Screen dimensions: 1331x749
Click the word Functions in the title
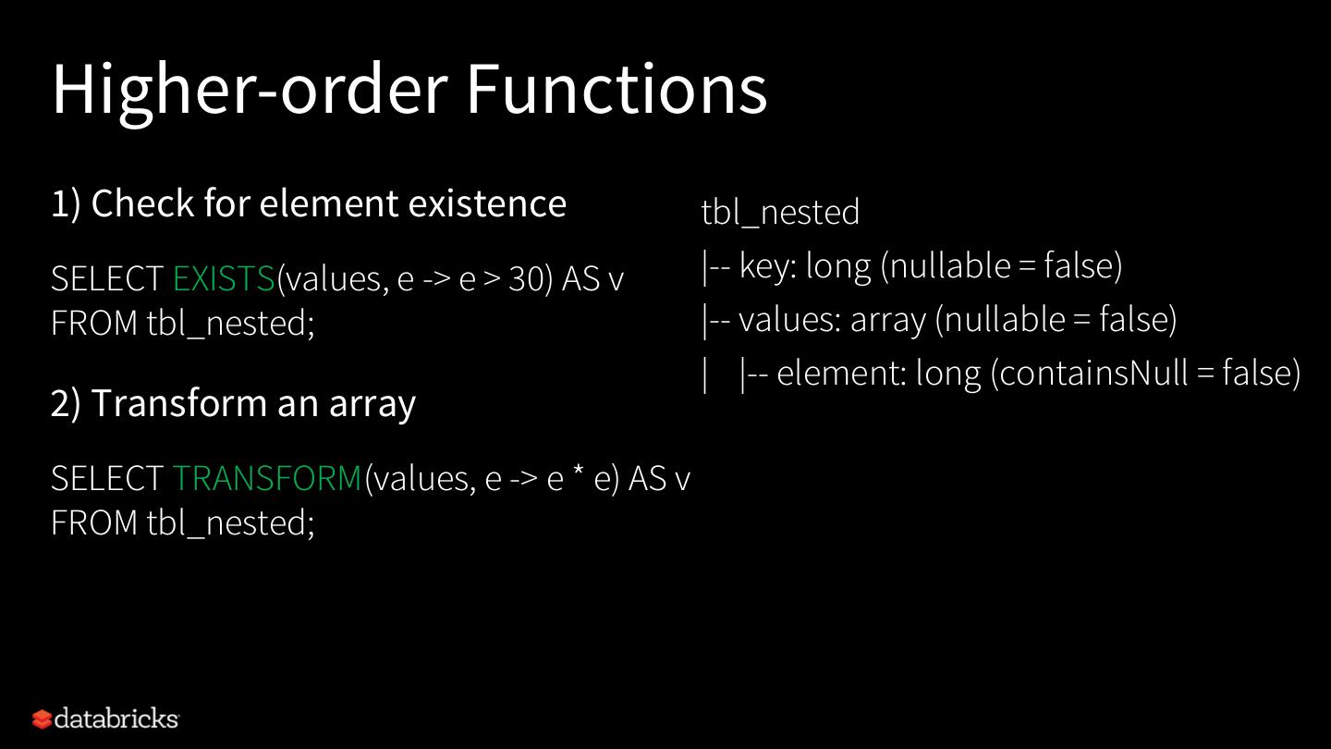tap(616, 89)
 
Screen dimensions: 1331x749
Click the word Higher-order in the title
tap(250, 89)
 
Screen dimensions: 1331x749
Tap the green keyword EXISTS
tap(224, 278)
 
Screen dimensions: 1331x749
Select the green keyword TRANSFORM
tap(268, 478)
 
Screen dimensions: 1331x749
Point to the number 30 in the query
tap(525, 279)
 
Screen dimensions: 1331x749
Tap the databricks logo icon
tap(42, 718)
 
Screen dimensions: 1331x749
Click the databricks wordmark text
tap(116, 718)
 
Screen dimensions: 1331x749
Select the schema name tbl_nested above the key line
tap(780, 213)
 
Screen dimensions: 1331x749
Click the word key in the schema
tap(767, 266)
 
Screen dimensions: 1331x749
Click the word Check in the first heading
tap(143, 203)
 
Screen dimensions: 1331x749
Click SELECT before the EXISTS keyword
tap(107, 278)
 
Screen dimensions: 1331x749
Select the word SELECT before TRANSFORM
tap(107, 478)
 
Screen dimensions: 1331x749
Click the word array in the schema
tap(887, 320)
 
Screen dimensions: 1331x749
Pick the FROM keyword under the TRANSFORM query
tap(94, 522)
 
